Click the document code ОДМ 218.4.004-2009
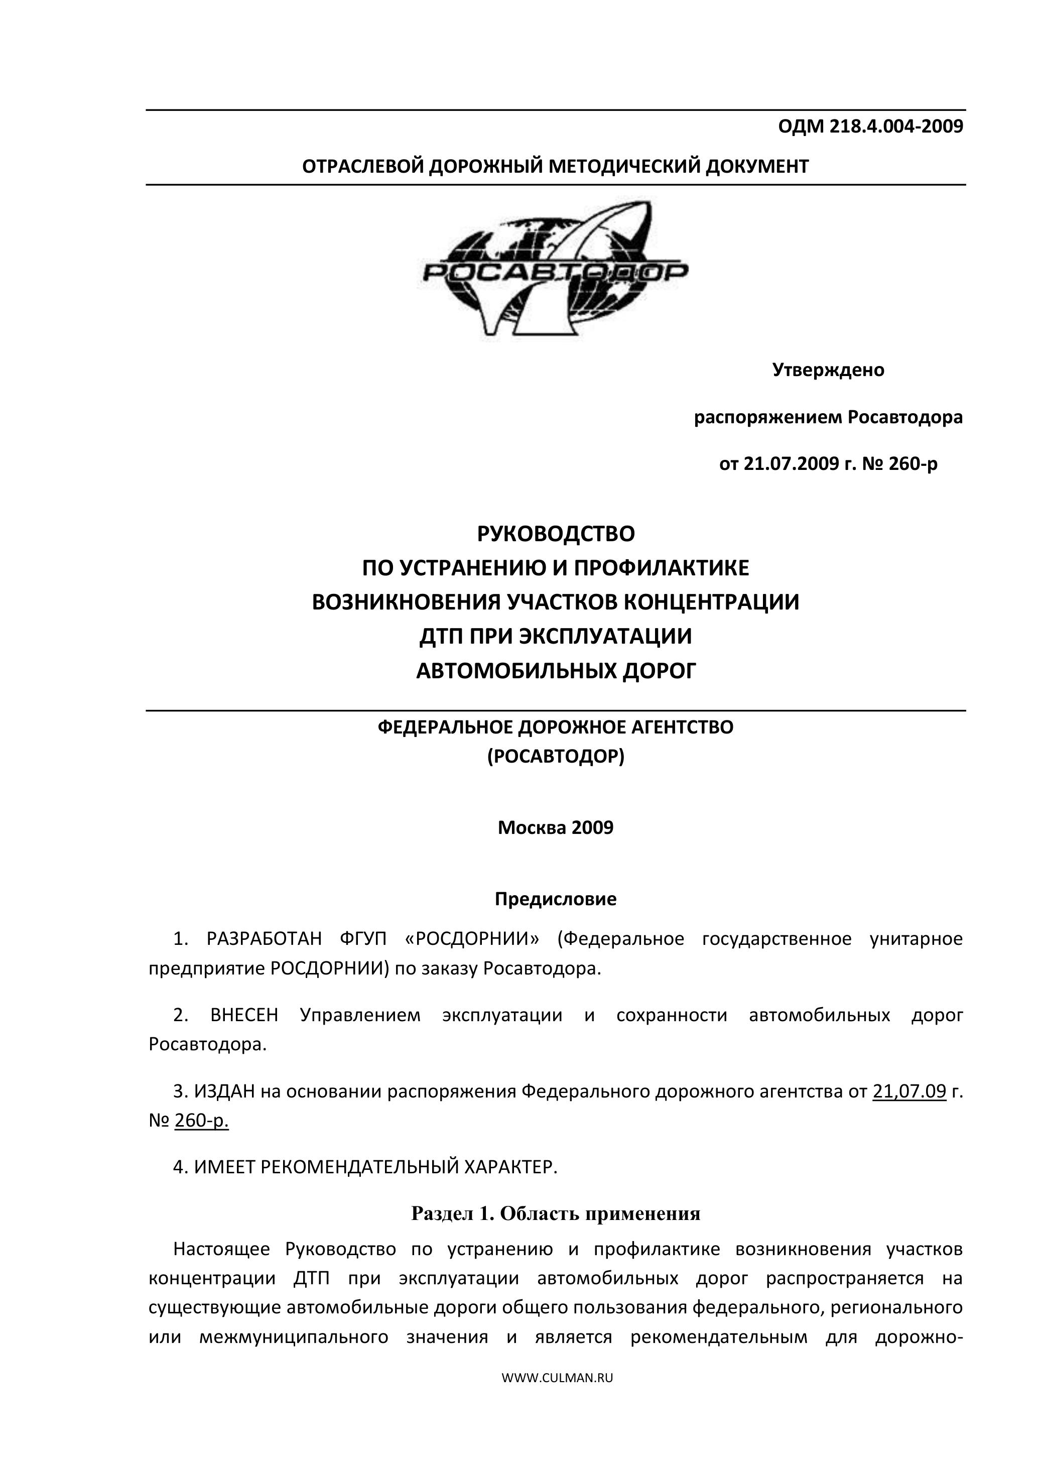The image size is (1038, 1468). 870,127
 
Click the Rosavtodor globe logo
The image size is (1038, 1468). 555,271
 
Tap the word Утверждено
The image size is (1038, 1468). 828,370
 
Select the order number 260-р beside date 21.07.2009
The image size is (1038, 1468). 914,463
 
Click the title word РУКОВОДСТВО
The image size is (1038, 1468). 556,533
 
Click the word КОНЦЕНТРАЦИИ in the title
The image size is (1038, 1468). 711,602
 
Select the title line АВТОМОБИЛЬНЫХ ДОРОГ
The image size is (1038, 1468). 556,671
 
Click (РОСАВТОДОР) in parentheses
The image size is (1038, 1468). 556,757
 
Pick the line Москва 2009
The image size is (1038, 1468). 556,828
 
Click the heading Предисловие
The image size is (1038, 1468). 556,900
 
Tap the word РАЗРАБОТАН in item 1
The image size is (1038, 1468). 264,939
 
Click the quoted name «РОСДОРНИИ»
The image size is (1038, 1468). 472,939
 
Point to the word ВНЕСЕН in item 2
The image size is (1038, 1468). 244,1015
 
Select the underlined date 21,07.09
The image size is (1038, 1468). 909,1091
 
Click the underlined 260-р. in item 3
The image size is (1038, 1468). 201,1121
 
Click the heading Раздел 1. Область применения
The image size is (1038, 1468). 556,1213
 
